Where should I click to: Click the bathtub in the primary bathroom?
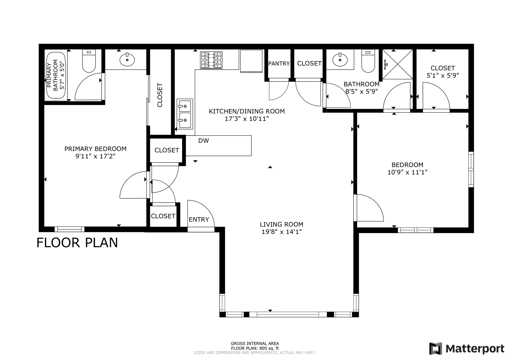pyautogui.click(x=56, y=75)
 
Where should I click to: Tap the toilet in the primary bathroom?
pyautogui.click(x=89, y=61)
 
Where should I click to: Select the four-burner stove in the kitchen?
pyautogui.click(x=211, y=60)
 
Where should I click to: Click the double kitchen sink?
pyautogui.click(x=185, y=114)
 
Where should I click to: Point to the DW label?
pyautogui.click(x=203, y=141)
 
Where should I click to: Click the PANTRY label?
pyautogui.click(x=279, y=64)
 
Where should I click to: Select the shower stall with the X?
pyautogui.click(x=397, y=64)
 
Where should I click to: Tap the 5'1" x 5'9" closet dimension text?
pyautogui.click(x=443, y=75)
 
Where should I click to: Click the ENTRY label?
pyautogui.click(x=199, y=220)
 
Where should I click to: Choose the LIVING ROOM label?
pyautogui.click(x=281, y=224)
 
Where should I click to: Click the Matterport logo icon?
pyautogui.click(x=435, y=348)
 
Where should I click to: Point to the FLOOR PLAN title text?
pyautogui.click(x=77, y=243)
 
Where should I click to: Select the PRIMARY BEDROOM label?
pyautogui.click(x=95, y=149)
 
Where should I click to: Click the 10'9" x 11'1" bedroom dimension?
pyautogui.click(x=407, y=172)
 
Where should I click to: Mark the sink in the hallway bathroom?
pyautogui.click(x=340, y=60)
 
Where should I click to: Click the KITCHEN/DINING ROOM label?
pyautogui.click(x=246, y=111)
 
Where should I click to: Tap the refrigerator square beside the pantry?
pyautogui.click(x=251, y=61)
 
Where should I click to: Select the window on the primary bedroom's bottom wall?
pyautogui.click(x=70, y=229)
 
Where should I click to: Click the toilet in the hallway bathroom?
pyautogui.click(x=368, y=61)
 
